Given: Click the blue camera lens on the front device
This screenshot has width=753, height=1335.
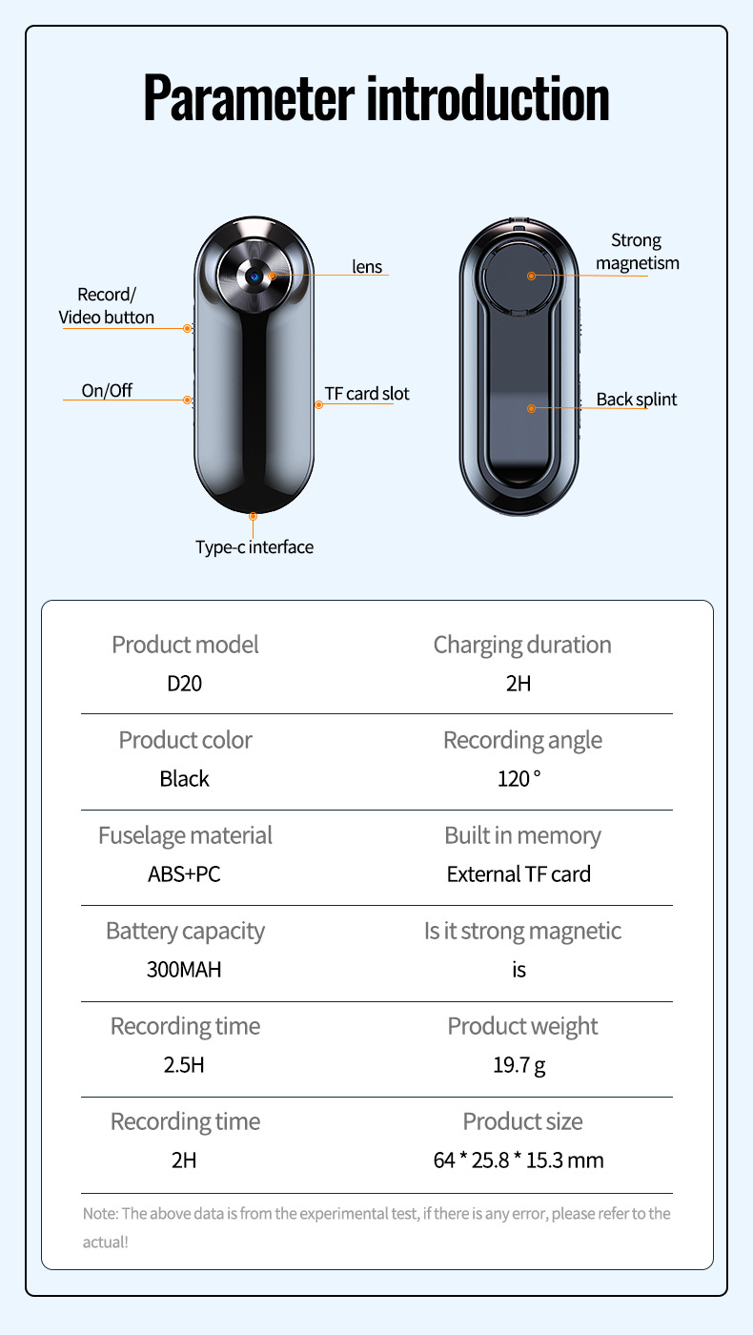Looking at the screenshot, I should pyautogui.click(x=254, y=275).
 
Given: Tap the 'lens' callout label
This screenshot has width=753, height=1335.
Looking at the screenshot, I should pyautogui.click(x=367, y=267).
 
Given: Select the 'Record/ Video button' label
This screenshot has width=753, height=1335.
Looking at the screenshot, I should pyautogui.click(x=107, y=305).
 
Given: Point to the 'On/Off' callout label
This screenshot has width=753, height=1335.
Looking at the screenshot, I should pyautogui.click(x=107, y=390).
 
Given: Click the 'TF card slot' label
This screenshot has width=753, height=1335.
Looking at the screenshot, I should pyautogui.click(x=367, y=393).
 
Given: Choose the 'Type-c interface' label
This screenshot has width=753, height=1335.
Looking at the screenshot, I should pyautogui.click(x=254, y=546).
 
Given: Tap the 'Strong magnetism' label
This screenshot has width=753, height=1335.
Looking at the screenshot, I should pyautogui.click(x=637, y=252).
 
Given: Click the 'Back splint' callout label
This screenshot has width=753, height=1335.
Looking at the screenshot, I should pyautogui.click(x=637, y=399).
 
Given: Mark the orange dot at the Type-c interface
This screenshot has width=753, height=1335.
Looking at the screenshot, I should pyautogui.click(x=254, y=516).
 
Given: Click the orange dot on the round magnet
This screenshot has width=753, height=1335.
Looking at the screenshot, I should pyautogui.click(x=532, y=275).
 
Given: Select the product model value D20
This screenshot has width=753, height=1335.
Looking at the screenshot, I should pyautogui.click(x=184, y=684).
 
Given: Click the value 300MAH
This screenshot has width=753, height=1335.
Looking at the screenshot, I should pyautogui.click(x=184, y=970).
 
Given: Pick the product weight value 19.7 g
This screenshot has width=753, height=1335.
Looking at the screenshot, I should pyautogui.click(x=519, y=1064).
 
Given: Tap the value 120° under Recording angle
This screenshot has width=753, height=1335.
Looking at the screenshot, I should pyautogui.click(x=519, y=779).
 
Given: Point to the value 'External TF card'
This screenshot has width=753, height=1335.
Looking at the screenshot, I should pyautogui.click(x=519, y=874).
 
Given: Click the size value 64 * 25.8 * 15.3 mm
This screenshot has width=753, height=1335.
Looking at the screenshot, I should pyautogui.click(x=519, y=1160).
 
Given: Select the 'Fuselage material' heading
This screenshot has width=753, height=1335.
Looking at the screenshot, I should pyautogui.click(x=185, y=835).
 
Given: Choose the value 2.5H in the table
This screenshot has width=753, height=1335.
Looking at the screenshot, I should pyautogui.click(x=184, y=1064).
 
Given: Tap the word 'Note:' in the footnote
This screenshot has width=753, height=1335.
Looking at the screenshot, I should pyautogui.click(x=100, y=1214).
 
